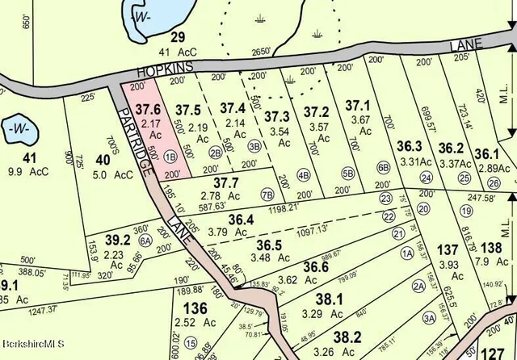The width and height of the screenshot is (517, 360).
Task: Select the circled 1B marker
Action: [170, 157]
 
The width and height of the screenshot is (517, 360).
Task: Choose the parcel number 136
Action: [195, 308]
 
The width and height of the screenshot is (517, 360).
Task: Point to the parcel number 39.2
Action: [118, 239]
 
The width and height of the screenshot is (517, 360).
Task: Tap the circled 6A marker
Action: [146, 241]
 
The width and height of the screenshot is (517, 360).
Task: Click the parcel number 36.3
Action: [410, 146]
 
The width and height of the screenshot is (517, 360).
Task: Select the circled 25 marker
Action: [464, 178]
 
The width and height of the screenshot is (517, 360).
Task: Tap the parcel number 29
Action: [178, 36]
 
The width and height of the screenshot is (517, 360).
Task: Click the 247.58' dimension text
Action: [485, 197]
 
